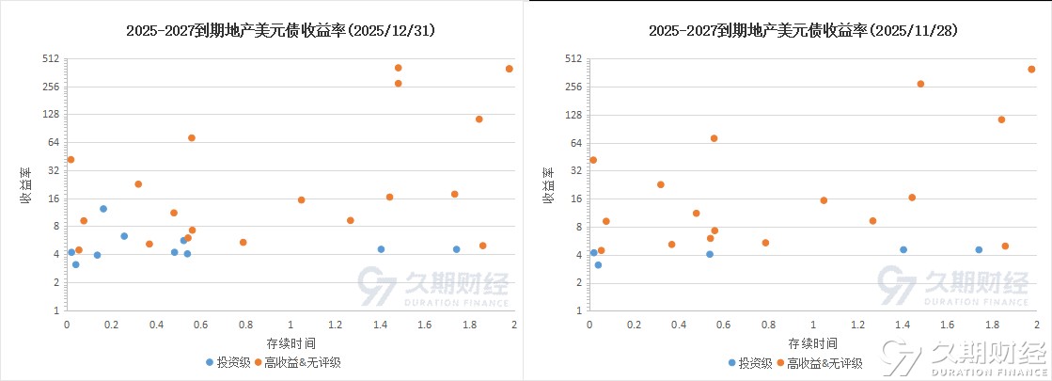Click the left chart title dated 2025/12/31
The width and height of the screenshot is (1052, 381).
point(280,30)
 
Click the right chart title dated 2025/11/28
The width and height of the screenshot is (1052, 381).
point(802,30)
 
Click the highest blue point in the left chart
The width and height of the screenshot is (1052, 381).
point(103,209)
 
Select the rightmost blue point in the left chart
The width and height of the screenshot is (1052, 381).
point(456,249)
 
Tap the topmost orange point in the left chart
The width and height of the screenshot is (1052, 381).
point(398,68)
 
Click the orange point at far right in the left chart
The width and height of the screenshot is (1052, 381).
point(509,69)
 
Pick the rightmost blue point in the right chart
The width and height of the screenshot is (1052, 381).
point(978,249)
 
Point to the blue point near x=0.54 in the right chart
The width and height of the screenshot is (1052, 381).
point(710,254)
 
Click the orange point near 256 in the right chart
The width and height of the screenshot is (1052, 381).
point(920,84)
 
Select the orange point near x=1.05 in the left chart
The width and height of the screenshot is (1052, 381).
point(301,199)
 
